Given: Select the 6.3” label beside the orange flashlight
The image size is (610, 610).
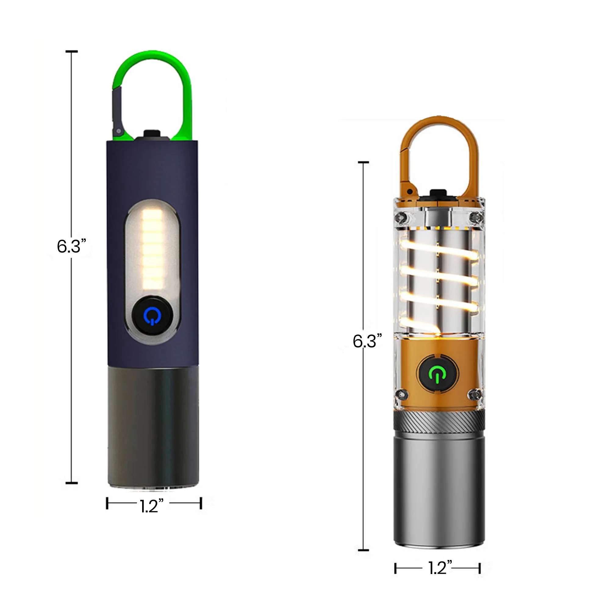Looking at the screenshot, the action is (x=367, y=341).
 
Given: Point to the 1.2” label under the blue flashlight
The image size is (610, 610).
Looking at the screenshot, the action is (x=152, y=506).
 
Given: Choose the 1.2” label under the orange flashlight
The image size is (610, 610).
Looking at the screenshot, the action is (x=440, y=568).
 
